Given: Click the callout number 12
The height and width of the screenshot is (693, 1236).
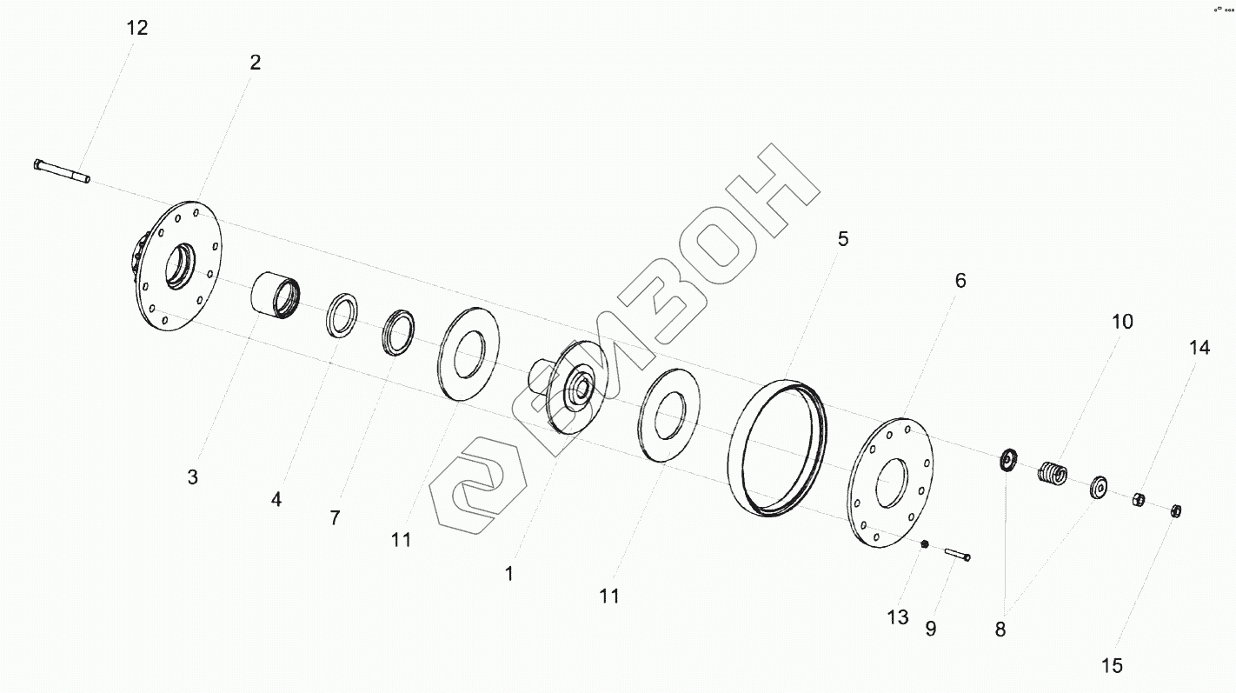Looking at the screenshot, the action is pyautogui.click(x=137, y=28).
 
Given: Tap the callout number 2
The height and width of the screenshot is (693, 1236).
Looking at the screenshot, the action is pyautogui.click(x=255, y=63).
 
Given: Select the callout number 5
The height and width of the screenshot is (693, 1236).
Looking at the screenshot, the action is pyautogui.click(x=843, y=239).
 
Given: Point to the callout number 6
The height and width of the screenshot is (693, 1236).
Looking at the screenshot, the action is pyautogui.click(x=960, y=281).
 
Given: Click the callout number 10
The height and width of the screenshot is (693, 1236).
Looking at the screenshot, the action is pyautogui.click(x=1122, y=322).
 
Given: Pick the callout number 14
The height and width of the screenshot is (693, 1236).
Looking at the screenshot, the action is pyautogui.click(x=1199, y=347).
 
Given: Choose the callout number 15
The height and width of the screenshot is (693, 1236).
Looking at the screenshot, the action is pyautogui.click(x=1112, y=665).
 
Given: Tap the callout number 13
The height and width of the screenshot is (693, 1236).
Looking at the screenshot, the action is pyautogui.click(x=898, y=617).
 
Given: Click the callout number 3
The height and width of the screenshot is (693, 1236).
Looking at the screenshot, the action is pyautogui.click(x=193, y=477).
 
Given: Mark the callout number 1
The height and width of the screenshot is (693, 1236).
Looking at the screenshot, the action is pyautogui.click(x=509, y=574).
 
